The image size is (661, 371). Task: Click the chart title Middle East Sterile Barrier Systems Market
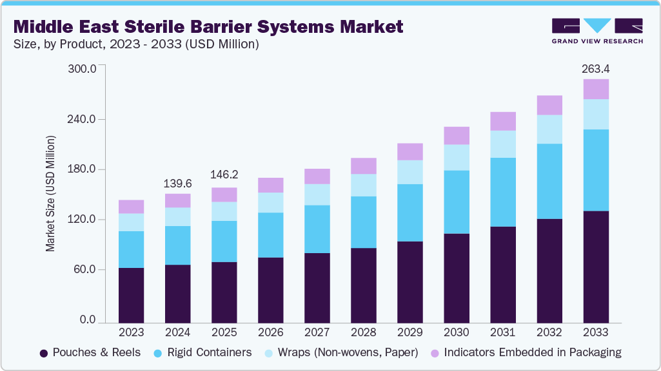[x=208, y=26]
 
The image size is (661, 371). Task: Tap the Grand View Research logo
[x=597, y=30]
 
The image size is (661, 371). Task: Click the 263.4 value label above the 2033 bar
[x=596, y=68]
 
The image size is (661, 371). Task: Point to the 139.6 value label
[x=178, y=184]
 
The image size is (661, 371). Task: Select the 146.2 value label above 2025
[x=224, y=175]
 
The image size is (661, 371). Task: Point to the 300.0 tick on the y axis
[x=82, y=69]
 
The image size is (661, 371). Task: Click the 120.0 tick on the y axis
[x=82, y=220]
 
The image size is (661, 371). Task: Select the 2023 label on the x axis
[x=132, y=332]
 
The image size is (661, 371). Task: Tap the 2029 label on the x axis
[x=410, y=332]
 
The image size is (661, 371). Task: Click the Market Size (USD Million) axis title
[x=50, y=194]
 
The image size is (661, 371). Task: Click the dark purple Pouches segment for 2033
[x=596, y=267]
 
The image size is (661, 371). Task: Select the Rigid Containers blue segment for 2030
[x=457, y=202]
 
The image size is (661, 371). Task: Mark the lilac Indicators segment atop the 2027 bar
[x=317, y=176]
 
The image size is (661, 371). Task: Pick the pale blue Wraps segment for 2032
[x=549, y=129]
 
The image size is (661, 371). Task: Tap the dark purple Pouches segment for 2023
[x=132, y=295]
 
